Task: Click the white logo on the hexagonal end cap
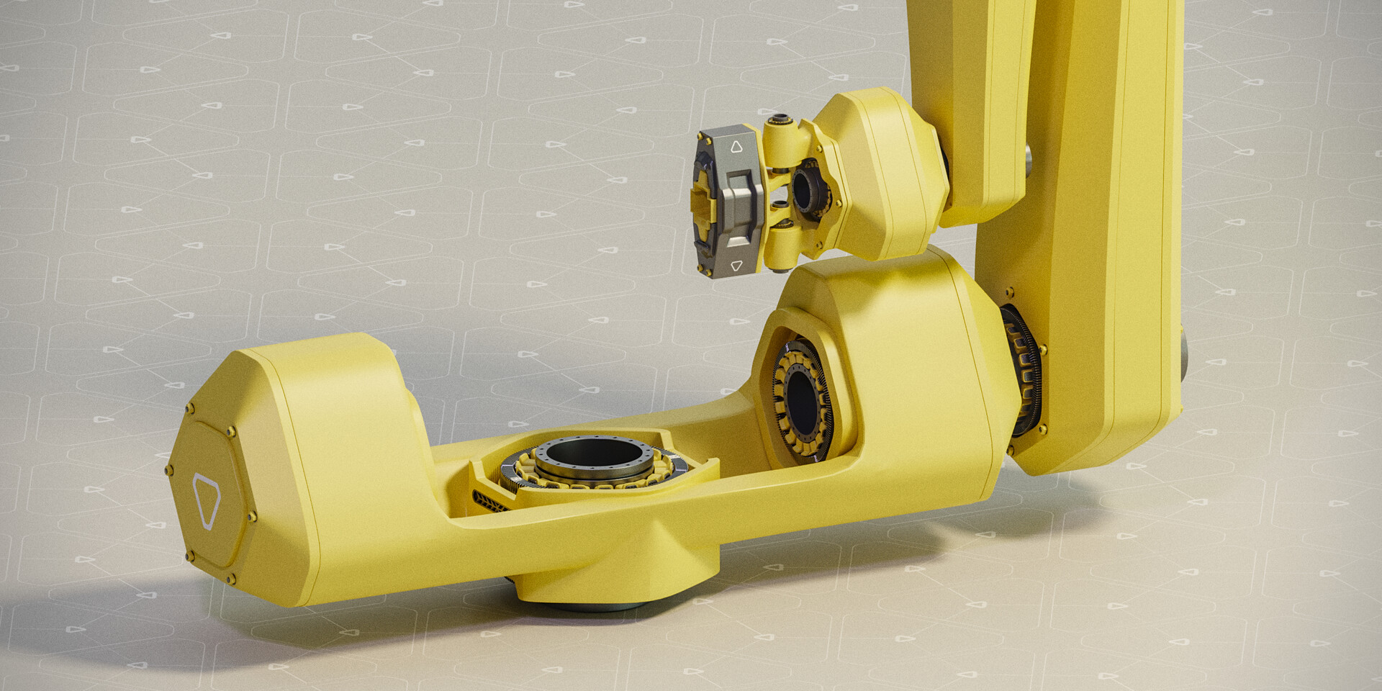click(207, 500)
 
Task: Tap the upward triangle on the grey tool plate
click(736, 148)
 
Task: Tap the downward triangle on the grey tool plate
click(736, 266)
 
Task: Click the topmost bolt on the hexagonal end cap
click(189, 409)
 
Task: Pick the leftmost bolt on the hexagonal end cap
click(169, 471)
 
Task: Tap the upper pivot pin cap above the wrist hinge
click(780, 119)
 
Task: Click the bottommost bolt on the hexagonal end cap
click(230, 578)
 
